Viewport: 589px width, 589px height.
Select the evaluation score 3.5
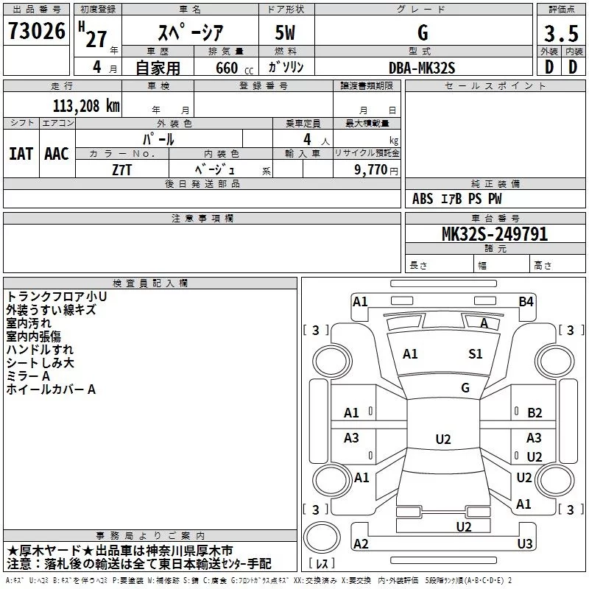[x=561, y=33]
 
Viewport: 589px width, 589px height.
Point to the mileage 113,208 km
[x=86, y=105]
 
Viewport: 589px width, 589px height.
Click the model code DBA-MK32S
[x=422, y=67]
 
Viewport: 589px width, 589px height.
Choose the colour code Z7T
[x=122, y=169]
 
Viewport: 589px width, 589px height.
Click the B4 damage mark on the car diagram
[x=525, y=301]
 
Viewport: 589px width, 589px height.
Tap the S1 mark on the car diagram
[x=476, y=354]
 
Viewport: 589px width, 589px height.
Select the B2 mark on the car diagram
[x=535, y=413]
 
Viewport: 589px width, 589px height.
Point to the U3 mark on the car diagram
[x=524, y=543]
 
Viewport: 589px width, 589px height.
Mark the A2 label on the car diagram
[x=361, y=543]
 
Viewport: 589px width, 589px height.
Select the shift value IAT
[x=21, y=154]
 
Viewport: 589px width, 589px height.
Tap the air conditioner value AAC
[x=56, y=154]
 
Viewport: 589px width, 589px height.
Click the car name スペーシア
[x=191, y=33]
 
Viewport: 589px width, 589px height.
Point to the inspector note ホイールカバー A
[x=51, y=389]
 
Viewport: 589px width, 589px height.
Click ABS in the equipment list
[x=423, y=199]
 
